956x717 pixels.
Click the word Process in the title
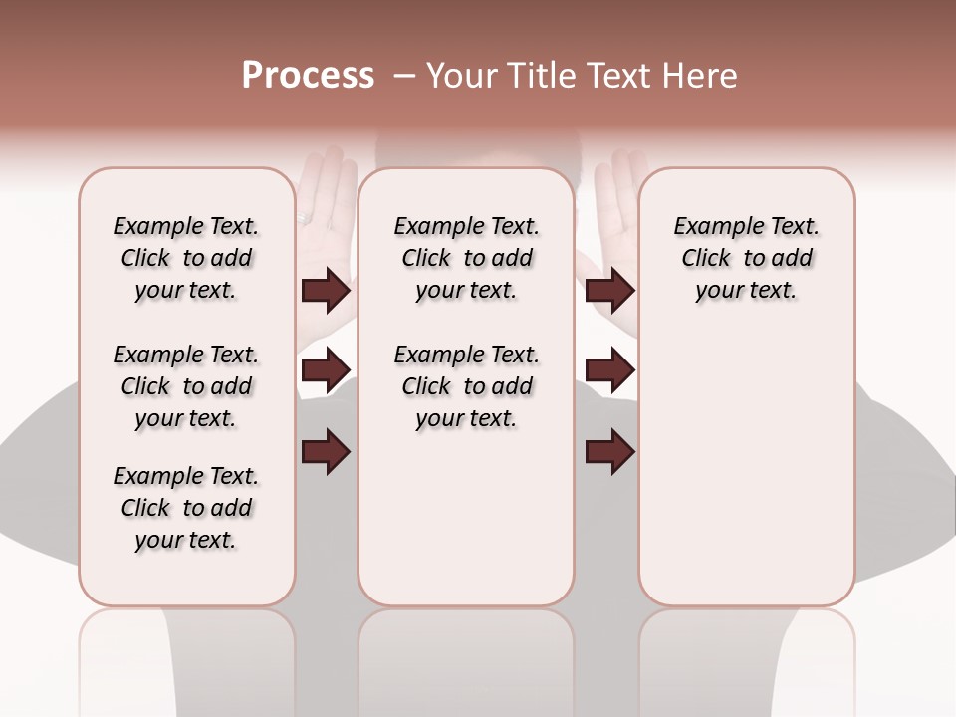click(308, 76)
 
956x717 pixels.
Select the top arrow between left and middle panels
click(326, 291)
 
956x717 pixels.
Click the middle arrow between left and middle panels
click(326, 370)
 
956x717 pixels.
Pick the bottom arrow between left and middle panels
click(326, 452)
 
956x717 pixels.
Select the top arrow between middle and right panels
click(609, 291)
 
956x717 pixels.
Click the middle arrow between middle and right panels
click(609, 370)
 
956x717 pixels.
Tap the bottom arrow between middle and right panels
click(609, 452)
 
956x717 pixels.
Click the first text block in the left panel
click(186, 258)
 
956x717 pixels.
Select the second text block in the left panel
click(186, 386)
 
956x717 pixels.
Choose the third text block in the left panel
click(186, 508)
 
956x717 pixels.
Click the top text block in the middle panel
click(466, 258)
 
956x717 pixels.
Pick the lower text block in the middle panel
click(466, 386)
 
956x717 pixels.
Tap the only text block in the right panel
click(746, 258)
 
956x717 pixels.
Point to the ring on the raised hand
click(306, 217)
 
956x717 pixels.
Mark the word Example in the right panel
click(714, 227)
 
